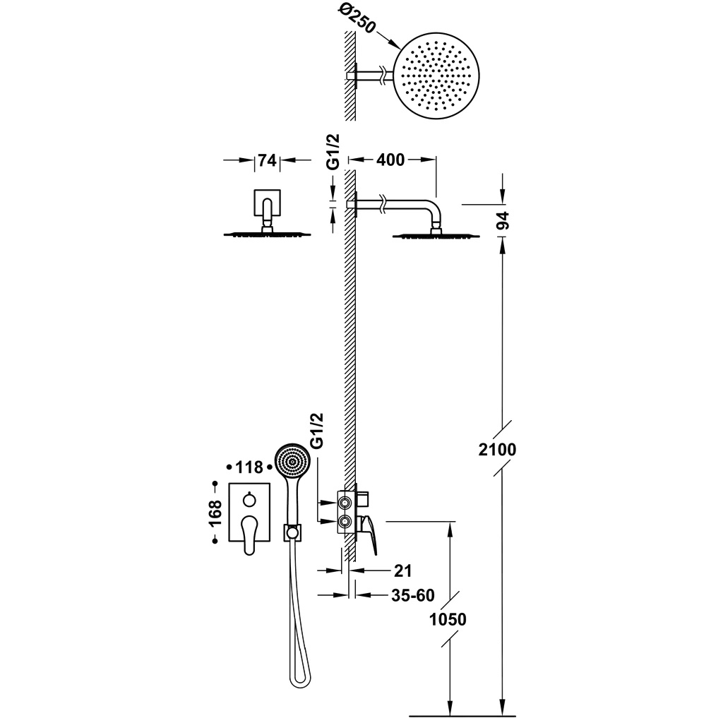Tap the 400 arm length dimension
tap(390, 160)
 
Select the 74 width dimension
tap(268, 160)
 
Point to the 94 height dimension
tap(503, 220)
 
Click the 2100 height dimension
tap(497, 449)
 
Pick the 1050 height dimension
tap(448, 619)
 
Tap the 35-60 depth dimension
tap(412, 595)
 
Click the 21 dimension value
tap(402, 570)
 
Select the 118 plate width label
tap(249, 467)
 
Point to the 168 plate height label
tap(215, 513)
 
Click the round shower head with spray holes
tap(436, 76)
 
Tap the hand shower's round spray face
tap(292, 461)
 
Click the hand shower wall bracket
tap(292, 532)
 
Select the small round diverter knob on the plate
tap(249, 499)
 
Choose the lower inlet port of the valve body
tap(344, 522)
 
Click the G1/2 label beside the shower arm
tap(333, 152)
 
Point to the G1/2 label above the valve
tap(317, 431)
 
